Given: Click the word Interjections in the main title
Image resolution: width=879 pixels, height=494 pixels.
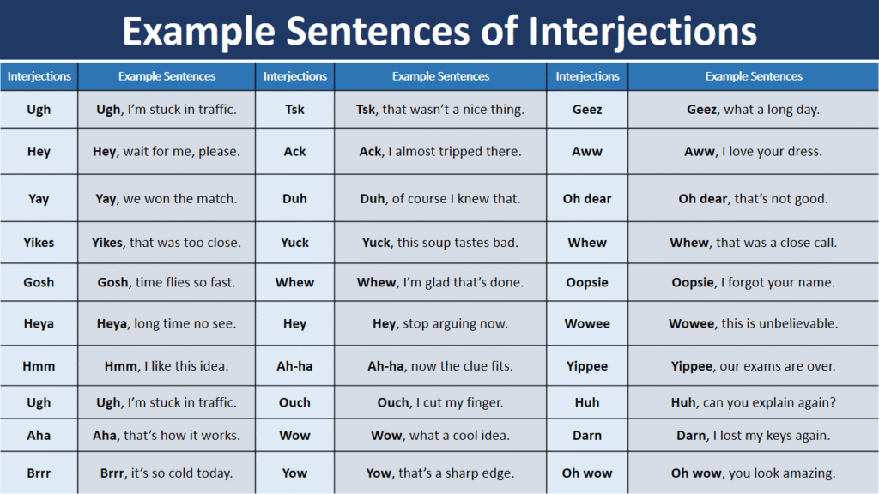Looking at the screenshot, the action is pos(642,32).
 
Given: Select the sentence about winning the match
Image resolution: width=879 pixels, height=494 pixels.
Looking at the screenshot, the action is pos(167,199).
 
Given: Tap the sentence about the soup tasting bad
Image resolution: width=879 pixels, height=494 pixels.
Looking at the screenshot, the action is pos(440,243).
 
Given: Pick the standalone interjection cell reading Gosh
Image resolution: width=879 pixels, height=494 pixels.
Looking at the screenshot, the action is pos(39,282).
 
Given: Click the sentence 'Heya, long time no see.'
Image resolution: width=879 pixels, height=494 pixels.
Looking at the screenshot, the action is pos(167,323).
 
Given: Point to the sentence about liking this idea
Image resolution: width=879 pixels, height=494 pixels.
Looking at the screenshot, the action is pos(167,366).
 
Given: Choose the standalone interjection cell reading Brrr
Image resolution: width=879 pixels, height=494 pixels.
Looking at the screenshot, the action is pos(39,473).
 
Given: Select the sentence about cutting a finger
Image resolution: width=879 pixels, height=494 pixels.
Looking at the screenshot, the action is pos(440,403).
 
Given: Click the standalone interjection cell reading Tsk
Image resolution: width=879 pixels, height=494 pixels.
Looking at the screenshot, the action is pos(294,109).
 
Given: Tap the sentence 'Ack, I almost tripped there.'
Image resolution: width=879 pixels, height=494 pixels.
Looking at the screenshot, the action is pos(440,151).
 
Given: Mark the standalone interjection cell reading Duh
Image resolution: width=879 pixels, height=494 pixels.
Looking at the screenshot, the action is pos(294,199).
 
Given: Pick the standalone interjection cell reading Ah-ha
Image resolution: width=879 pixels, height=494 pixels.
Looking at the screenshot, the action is pos(294,366).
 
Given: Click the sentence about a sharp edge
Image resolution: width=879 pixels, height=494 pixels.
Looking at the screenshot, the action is pos(440,473).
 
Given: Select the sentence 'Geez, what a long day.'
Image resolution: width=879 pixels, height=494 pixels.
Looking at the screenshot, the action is pos(754,109).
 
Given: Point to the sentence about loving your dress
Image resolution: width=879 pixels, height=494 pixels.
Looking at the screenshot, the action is pos(754,151).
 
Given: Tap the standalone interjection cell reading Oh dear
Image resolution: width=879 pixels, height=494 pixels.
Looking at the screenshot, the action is pos(587,199).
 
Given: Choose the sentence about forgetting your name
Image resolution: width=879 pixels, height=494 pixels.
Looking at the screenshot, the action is pos(754,282).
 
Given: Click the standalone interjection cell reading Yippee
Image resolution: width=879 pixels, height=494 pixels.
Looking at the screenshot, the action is pos(587,366).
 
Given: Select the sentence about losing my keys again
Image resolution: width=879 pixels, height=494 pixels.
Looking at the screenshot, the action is pos(754,436).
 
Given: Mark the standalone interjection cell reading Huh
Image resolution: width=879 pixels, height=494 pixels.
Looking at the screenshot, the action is pos(587,403).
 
